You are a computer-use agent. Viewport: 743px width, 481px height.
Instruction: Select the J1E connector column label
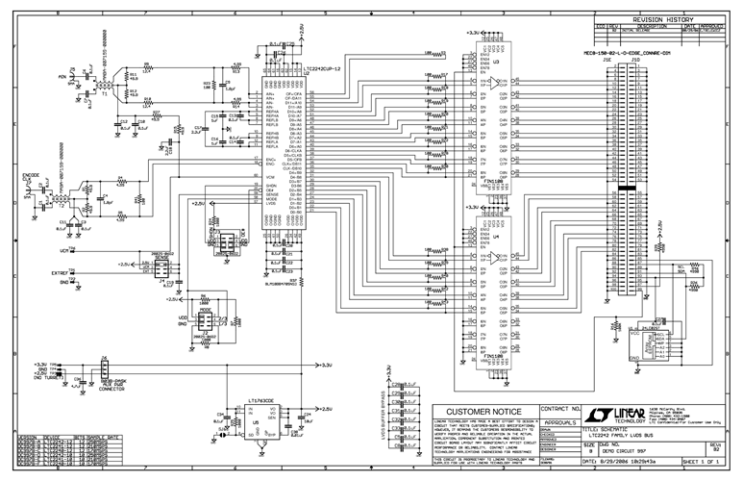click(607, 60)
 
